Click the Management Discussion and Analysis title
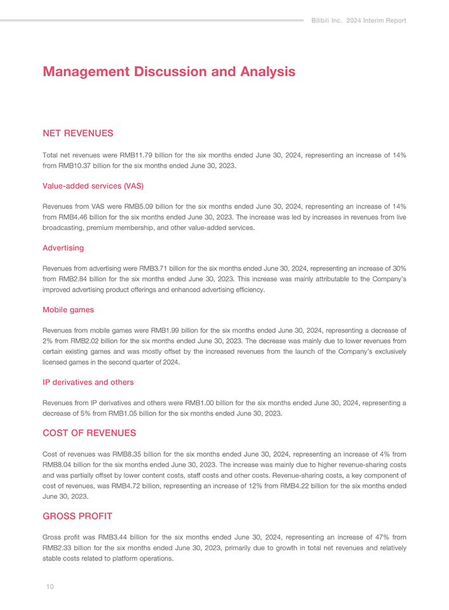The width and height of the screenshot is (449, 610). pyautogui.click(x=168, y=72)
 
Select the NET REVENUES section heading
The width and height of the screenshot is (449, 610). pyautogui.click(x=77, y=133)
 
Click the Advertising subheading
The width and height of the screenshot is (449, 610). pyautogui.click(x=63, y=247)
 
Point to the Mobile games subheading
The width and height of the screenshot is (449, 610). pyautogui.click(x=68, y=309)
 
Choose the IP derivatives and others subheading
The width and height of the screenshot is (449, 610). pyautogui.click(x=88, y=382)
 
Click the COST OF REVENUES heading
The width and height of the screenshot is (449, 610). pyautogui.click(x=89, y=433)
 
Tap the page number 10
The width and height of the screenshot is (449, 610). pyautogui.click(x=49, y=586)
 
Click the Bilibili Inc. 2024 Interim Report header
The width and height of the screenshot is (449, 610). pyautogui.click(x=359, y=20)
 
